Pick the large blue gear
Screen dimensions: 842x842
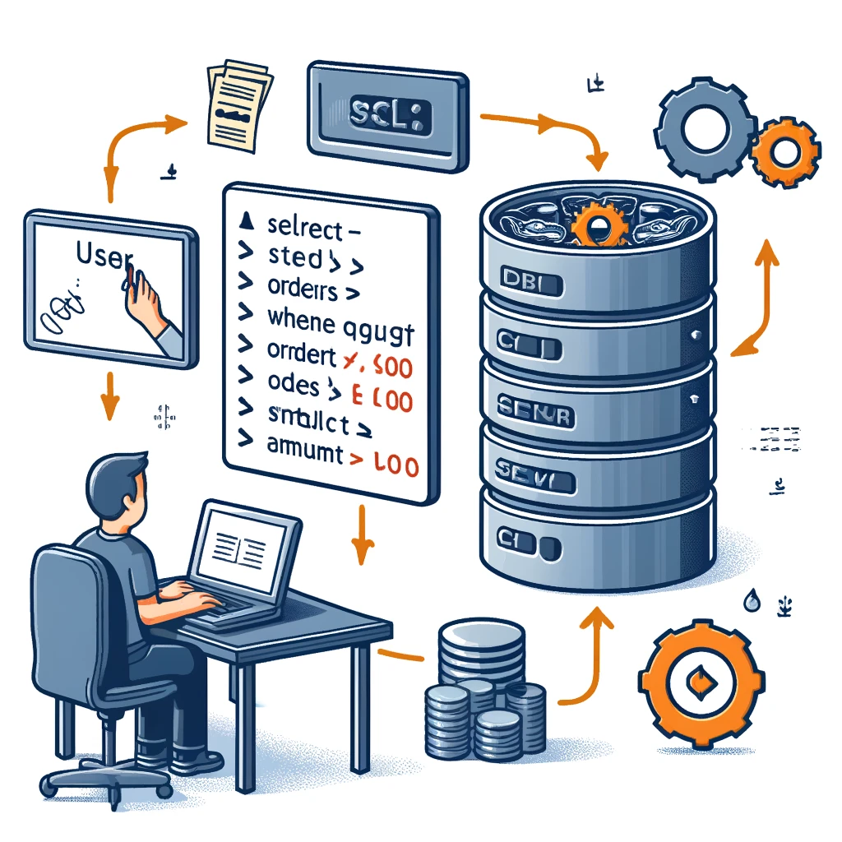click(705, 130)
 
